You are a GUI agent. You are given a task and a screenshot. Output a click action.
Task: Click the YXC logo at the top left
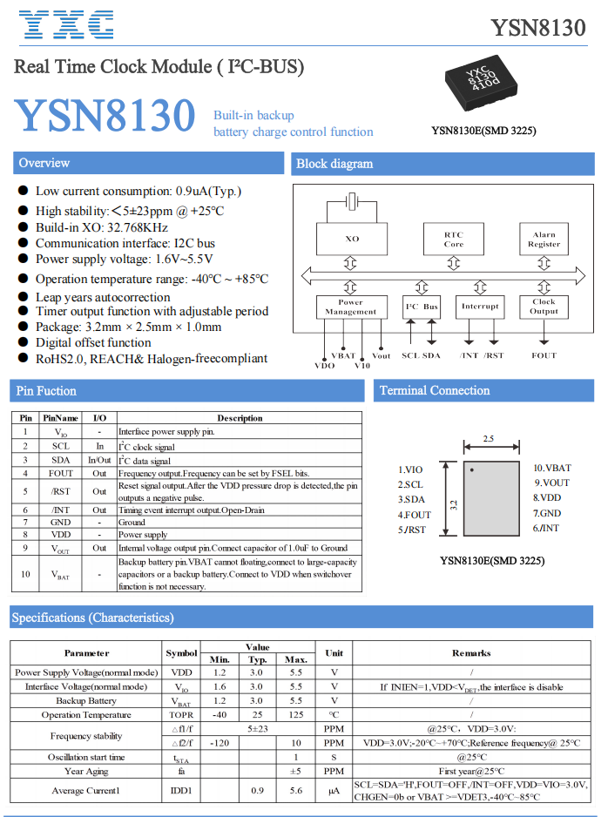(x=66, y=25)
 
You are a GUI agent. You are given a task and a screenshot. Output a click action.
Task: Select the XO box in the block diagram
(x=351, y=239)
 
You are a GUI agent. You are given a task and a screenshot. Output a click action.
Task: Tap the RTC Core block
(x=453, y=239)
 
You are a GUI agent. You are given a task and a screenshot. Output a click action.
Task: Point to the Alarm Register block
(x=544, y=239)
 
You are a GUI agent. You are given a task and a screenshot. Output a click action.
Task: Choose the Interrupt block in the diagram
(x=480, y=307)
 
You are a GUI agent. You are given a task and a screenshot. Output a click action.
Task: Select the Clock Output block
(x=544, y=307)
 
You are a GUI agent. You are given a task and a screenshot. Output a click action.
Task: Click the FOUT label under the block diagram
(x=544, y=355)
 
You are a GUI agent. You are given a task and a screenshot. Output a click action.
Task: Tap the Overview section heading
(x=44, y=163)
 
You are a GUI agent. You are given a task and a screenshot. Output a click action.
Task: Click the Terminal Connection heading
(x=435, y=390)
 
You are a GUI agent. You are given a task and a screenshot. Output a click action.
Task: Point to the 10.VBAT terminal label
(x=552, y=469)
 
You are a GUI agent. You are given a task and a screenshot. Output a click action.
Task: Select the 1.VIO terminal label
(x=410, y=469)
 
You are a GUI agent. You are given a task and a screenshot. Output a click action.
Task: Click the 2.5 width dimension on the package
(x=489, y=439)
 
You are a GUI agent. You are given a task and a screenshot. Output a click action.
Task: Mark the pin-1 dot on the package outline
(x=471, y=470)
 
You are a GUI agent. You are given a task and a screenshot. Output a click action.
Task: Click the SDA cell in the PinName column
(x=61, y=460)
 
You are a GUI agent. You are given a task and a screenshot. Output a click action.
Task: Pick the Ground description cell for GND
(x=132, y=522)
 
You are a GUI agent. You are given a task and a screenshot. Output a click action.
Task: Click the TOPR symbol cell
(x=181, y=715)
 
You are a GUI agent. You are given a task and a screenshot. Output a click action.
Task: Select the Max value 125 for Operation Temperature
(x=296, y=715)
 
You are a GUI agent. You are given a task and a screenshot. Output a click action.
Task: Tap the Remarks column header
(x=471, y=652)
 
